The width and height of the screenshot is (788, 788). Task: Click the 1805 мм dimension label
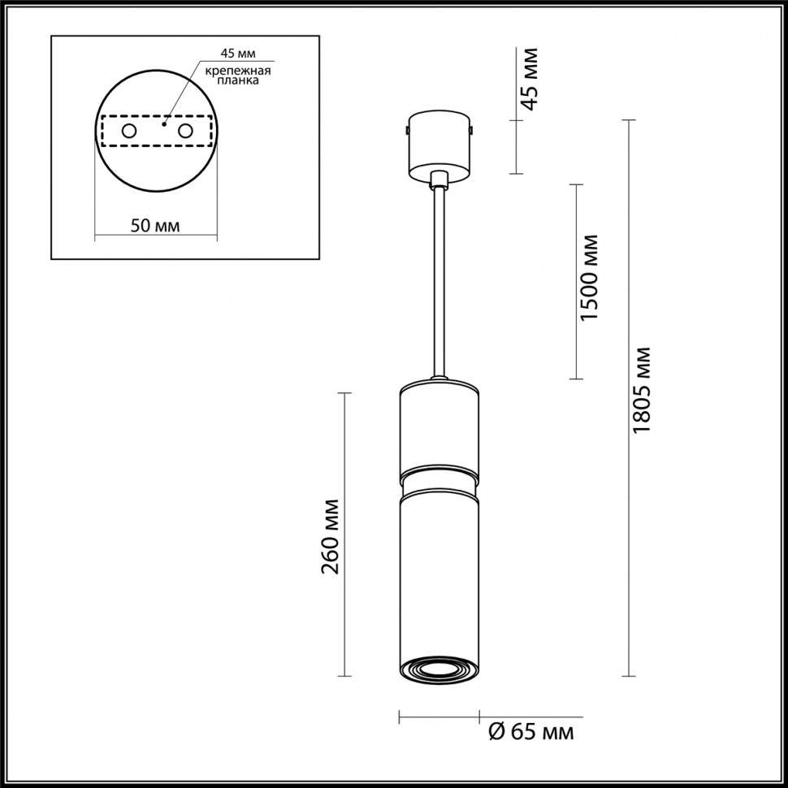click(x=643, y=390)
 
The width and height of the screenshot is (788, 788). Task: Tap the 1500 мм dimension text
click(x=590, y=277)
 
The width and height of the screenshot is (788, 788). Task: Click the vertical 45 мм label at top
click(x=530, y=79)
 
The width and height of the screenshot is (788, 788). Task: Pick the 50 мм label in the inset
click(x=155, y=225)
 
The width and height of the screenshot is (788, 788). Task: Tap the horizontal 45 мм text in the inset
click(x=237, y=54)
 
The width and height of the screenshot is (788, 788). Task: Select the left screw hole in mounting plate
click(x=129, y=131)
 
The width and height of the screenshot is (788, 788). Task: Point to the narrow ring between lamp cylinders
click(x=439, y=479)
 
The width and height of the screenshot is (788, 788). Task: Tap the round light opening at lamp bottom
click(x=439, y=669)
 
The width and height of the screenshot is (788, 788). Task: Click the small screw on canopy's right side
click(x=472, y=128)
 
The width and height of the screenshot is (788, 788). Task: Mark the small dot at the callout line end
click(x=165, y=125)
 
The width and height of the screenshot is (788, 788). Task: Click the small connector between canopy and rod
click(x=439, y=180)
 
